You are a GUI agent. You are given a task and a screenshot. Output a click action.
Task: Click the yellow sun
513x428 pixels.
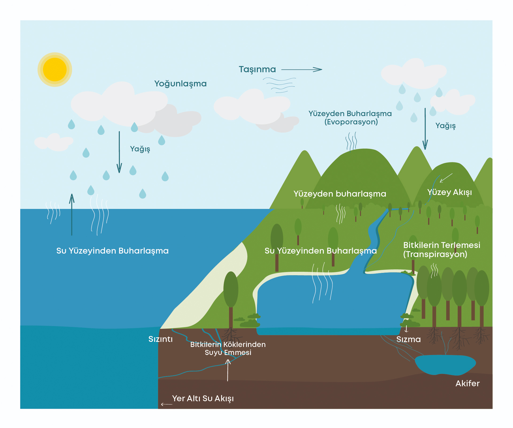55,70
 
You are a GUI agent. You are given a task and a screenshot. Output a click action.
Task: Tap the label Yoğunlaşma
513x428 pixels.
180,84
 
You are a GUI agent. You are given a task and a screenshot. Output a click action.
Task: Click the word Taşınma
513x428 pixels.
257,70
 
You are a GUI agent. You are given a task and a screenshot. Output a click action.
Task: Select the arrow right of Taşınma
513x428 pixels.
302,70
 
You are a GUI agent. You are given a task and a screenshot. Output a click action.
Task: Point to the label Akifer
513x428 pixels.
467,383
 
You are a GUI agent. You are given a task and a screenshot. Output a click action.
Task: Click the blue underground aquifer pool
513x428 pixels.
445,364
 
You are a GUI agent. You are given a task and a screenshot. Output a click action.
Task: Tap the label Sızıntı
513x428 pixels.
160,339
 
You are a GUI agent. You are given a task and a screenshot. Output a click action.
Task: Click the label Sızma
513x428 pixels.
408,339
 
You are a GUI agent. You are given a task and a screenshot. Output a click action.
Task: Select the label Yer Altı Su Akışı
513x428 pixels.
203,398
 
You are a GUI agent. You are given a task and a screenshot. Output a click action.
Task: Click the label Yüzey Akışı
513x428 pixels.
449,192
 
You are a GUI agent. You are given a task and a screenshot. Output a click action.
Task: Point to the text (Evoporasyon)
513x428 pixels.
351,122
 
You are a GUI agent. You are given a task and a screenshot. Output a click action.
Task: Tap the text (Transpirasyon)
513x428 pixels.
435,254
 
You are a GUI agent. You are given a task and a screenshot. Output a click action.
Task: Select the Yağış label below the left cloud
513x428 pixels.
140,149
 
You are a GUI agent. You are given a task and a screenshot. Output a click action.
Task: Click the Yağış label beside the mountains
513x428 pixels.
445,126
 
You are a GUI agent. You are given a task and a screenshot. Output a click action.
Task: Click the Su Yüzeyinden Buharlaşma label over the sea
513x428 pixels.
112,251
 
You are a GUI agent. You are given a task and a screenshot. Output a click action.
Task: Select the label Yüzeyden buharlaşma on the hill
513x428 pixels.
340,194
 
